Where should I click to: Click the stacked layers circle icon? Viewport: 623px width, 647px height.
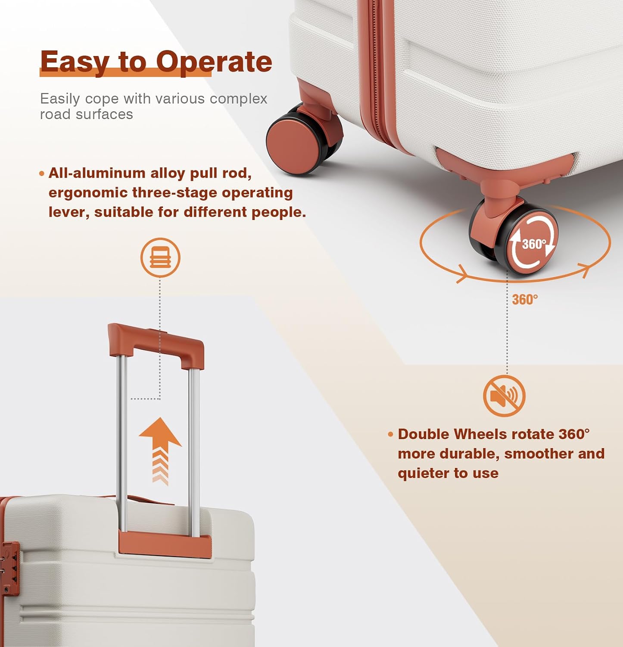click(160, 258)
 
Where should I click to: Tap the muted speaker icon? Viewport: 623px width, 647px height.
click(505, 396)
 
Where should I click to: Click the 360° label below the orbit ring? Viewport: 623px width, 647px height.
click(525, 299)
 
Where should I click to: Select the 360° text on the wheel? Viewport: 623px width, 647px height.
click(534, 244)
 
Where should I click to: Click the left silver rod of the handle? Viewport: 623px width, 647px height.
click(122, 442)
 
